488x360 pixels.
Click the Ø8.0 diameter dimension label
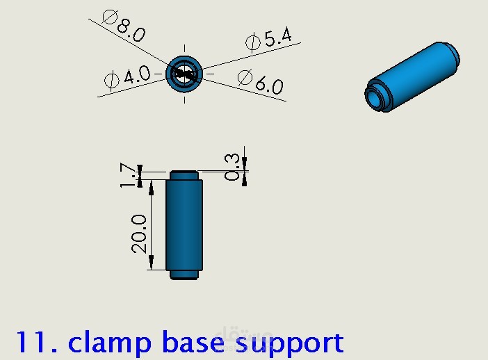pyautogui.click(x=124, y=26)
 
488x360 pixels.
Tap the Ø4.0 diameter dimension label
pyautogui.click(x=127, y=77)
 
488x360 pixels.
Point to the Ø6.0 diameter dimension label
pyautogui.click(x=261, y=82)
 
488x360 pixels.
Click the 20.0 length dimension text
pyautogui.click(x=138, y=234)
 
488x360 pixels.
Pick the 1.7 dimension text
pyautogui.click(x=128, y=175)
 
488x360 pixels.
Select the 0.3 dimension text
pyautogui.click(x=232, y=167)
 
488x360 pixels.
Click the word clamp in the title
pyautogui.click(x=109, y=343)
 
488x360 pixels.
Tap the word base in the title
pyautogui.click(x=193, y=342)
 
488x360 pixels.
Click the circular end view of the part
pyautogui.click(x=184, y=74)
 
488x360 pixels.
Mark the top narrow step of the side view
pyautogui.click(x=184, y=175)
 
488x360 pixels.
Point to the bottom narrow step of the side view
pyautogui.click(x=184, y=275)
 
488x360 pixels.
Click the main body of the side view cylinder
pyautogui.click(x=184, y=225)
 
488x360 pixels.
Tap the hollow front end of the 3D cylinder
pyautogui.click(x=377, y=95)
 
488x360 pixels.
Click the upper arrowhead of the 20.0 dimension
pyautogui.click(x=152, y=188)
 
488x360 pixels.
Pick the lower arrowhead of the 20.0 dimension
pyautogui.click(x=152, y=262)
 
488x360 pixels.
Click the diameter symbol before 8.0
pyautogui.click(x=111, y=17)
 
